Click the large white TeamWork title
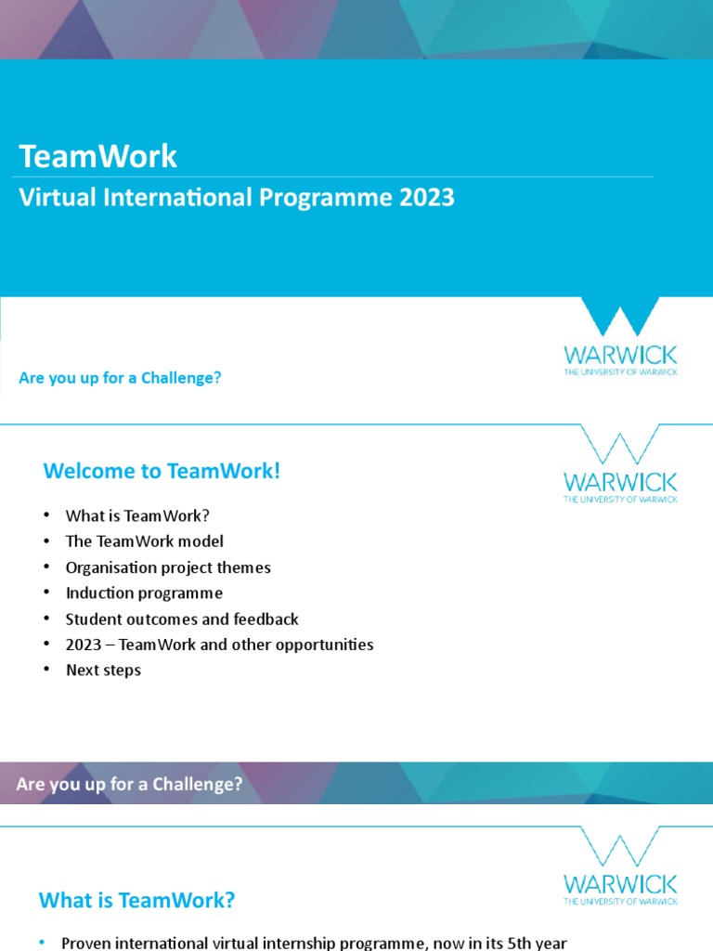click(97, 156)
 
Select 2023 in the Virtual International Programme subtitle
click(426, 198)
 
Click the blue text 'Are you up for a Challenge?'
click(120, 378)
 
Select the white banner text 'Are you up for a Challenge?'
click(129, 784)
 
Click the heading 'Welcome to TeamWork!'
click(162, 471)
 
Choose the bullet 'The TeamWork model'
click(144, 541)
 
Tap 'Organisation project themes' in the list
click(168, 567)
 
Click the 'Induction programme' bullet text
click(144, 593)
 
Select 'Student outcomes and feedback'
click(182, 619)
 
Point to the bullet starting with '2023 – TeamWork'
click(219, 645)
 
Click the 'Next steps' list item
click(103, 670)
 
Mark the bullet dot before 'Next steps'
click(44, 671)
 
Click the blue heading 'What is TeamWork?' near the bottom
click(136, 900)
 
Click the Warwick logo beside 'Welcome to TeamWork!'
click(620, 464)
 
